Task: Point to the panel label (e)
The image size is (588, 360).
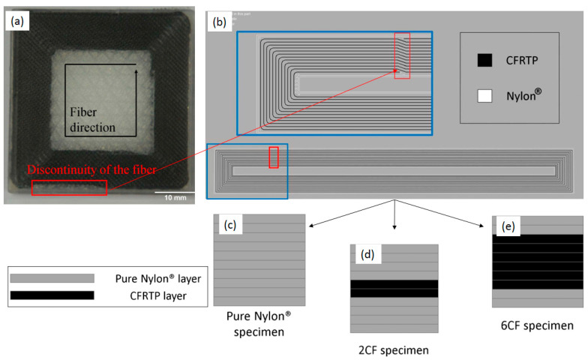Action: tap(506, 226)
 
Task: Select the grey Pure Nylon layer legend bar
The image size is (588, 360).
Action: tap(52, 278)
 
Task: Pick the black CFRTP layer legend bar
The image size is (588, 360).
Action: tap(52, 295)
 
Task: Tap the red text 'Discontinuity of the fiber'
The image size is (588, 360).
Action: tap(92, 170)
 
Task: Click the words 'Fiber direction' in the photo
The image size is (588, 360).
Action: tap(92, 120)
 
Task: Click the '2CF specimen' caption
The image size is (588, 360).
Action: tap(394, 349)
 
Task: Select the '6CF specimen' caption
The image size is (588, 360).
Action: tap(537, 325)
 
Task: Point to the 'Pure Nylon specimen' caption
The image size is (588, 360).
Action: tap(259, 324)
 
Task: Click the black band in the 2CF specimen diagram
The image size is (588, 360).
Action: tap(394, 289)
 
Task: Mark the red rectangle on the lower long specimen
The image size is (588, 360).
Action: tap(274, 157)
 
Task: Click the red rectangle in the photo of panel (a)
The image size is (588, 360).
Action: tap(69, 187)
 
